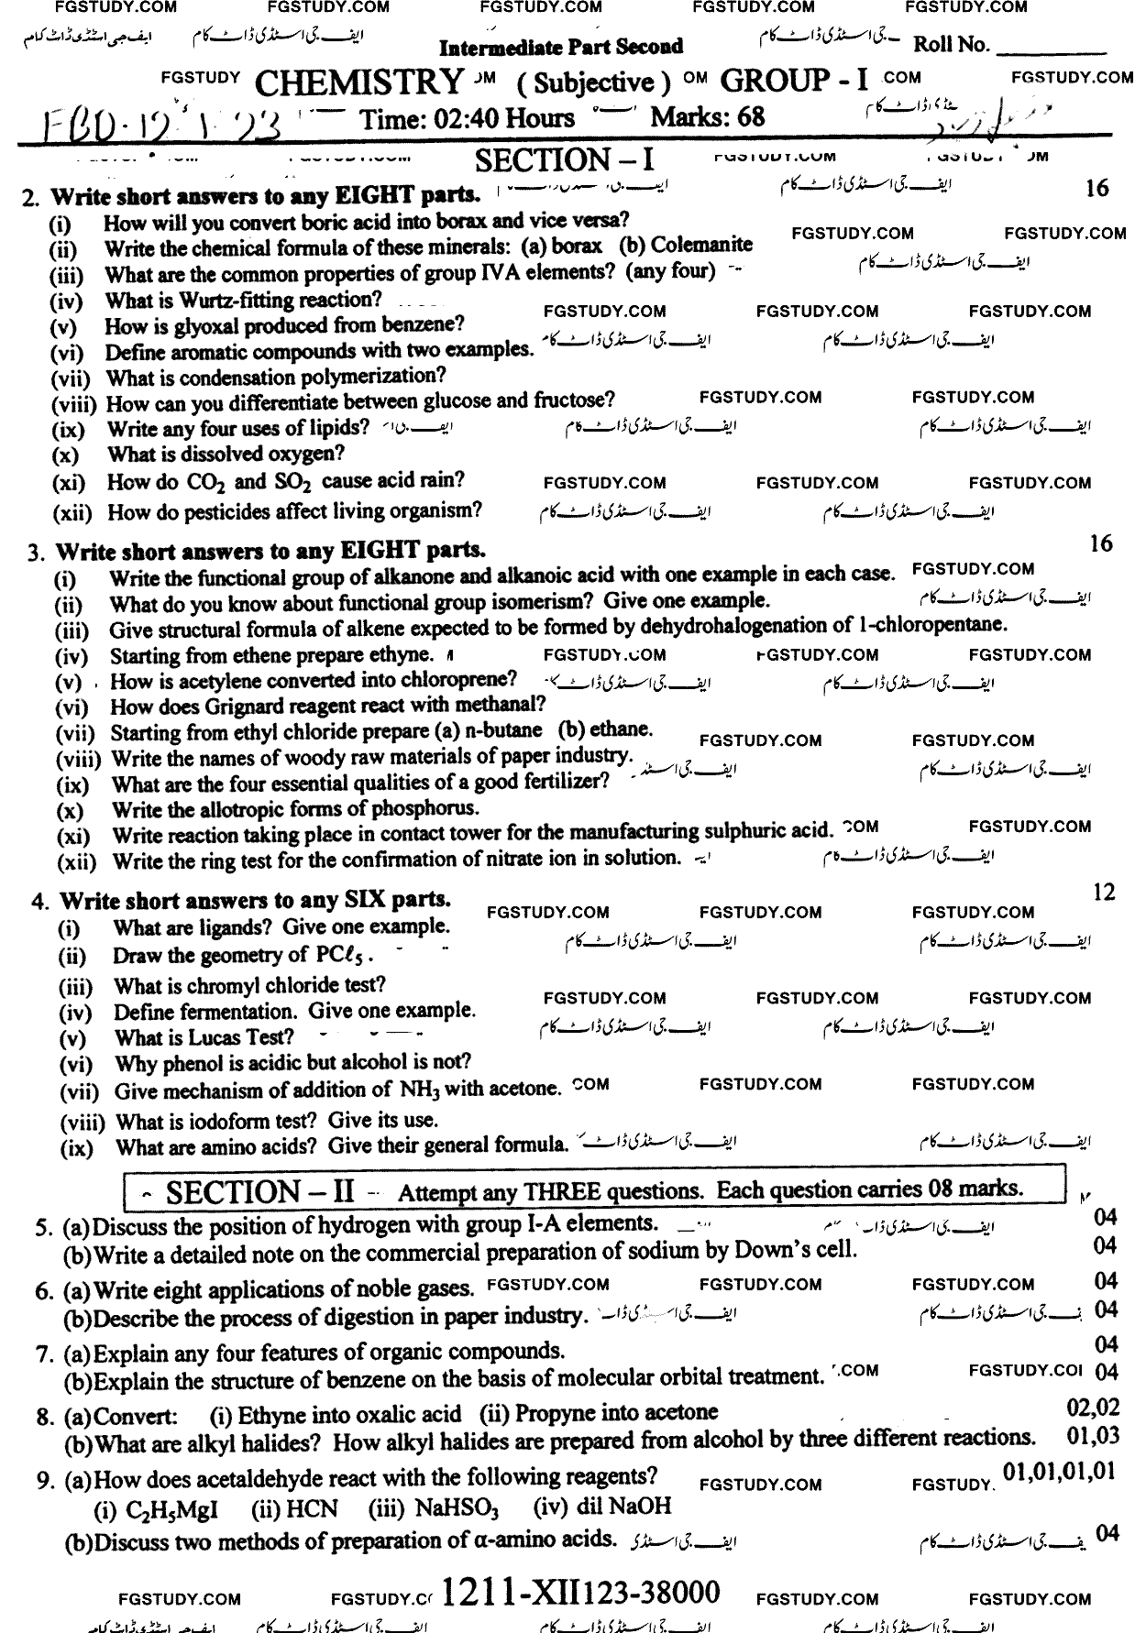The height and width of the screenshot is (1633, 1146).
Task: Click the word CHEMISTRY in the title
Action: (359, 82)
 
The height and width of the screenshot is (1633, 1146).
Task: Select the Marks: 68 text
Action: (707, 117)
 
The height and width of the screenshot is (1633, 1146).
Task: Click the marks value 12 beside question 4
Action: (1104, 892)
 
